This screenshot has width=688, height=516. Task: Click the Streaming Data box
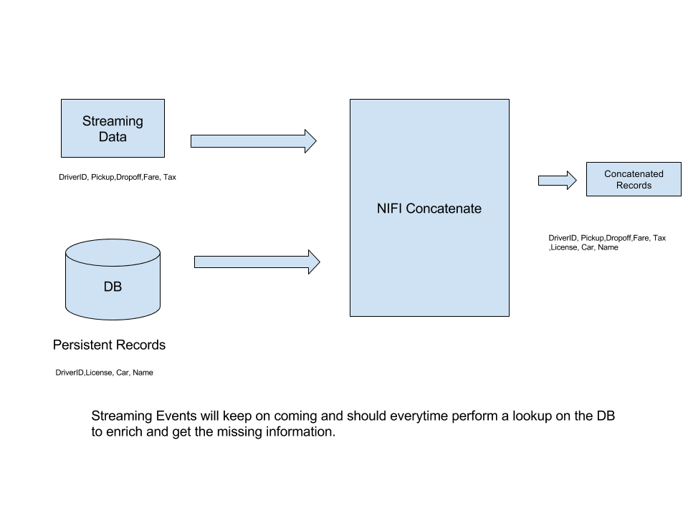tap(112, 128)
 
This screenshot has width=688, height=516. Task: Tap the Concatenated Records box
tap(634, 179)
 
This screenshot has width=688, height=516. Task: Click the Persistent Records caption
tap(109, 345)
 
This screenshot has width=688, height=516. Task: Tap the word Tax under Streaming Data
tap(169, 177)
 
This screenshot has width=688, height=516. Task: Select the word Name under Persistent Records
tap(143, 373)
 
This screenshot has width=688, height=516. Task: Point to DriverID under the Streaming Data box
tap(73, 177)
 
